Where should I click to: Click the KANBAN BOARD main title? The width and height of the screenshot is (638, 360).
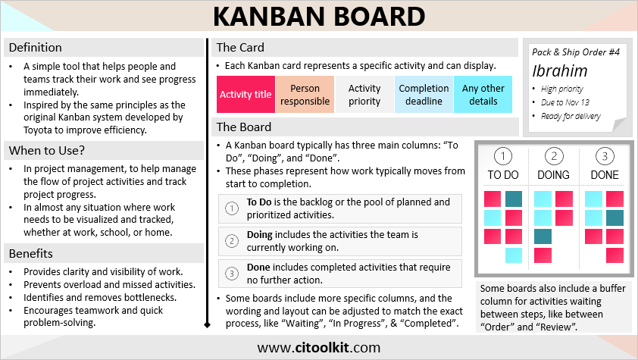pyautogui.click(x=319, y=16)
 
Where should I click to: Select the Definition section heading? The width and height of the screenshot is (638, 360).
pyautogui.click(x=36, y=48)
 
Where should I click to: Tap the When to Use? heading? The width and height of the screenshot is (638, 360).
pyautogui.click(x=47, y=151)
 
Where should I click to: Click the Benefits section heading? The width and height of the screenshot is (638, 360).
pyautogui.click(x=31, y=253)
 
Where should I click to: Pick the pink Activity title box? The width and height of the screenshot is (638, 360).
pyautogui.click(x=246, y=95)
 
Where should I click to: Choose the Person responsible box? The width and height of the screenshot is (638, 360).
pyautogui.click(x=305, y=95)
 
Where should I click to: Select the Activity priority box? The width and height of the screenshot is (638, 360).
pyautogui.click(x=364, y=95)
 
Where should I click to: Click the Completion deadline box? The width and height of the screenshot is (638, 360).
pyautogui.click(x=424, y=95)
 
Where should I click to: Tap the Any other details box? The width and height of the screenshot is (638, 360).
pyautogui.click(x=483, y=95)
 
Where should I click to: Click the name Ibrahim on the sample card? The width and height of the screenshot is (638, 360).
pyautogui.click(x=560, y=71)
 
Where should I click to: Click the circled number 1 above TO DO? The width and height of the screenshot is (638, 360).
pyautogui.click(x=503, y=156)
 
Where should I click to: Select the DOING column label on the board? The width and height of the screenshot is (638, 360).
pyautogui.click(x=553, y=175)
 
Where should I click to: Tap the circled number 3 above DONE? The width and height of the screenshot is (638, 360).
pyautogui.click(x=605, y=156)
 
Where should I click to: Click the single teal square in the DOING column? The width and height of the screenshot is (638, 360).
pyautogui.click(x=543, y=236)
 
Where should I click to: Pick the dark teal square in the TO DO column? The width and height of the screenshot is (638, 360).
pyautogui.click(x=514, y=199)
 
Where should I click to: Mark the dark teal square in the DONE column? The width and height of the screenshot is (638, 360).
pyautogui.click(x=615, y=218)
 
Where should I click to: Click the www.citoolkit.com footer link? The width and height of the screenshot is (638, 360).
pyautogui.click(x=318, y=348)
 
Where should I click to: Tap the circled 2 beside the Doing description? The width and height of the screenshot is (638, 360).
pyautogui.click(x=232, y=241)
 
